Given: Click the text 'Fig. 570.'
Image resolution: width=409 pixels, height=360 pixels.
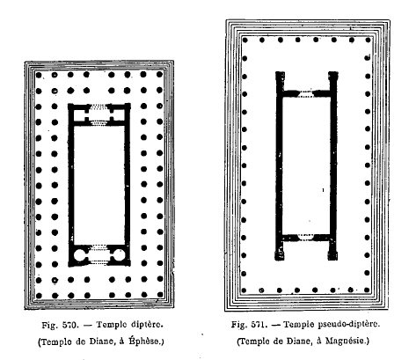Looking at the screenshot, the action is point(60,325).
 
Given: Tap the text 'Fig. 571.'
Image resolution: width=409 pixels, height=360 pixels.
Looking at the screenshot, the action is point(249,325).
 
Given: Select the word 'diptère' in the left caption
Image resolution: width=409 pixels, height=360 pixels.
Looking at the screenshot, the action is point(147,325).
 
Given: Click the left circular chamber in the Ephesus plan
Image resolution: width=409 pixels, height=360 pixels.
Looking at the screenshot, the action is point(80,255).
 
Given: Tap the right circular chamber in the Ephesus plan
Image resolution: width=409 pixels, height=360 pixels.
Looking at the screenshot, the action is point(119,255).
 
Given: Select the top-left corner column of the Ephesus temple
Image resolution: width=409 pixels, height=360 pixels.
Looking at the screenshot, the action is point(39,75).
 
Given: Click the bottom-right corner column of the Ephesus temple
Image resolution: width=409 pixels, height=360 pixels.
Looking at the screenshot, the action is point(160,295).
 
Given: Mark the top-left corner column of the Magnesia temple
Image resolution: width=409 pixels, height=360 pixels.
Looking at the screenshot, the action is point(245,40).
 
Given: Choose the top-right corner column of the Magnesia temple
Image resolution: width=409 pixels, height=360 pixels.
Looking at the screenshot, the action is point(369,40).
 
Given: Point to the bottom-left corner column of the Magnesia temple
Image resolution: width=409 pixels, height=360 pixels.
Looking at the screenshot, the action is point(244,290).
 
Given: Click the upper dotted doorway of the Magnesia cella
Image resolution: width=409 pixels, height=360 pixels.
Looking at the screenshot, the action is point(306,94).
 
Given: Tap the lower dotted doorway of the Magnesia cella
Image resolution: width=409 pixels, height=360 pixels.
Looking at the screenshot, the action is point(305,237).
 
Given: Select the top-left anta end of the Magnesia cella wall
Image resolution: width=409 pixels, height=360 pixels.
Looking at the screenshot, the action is point(280,76).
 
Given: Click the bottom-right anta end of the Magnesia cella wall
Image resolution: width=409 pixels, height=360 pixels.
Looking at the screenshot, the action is point(332,255).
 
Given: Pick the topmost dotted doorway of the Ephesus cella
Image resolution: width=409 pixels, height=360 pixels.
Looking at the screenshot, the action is point(99,107).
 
